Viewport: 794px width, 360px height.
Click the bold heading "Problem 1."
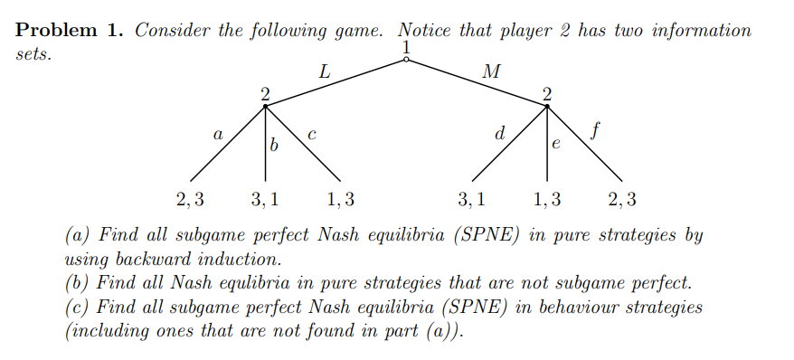point(69,31)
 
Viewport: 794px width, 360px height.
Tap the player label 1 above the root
point(407,46)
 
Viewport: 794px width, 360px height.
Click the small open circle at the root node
point(407,61)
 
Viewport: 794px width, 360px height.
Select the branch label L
point(325,71)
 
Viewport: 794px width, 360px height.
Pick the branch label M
point(491,71)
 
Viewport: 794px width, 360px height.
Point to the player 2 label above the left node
point(265,92)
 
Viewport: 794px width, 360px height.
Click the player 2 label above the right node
point(546,92)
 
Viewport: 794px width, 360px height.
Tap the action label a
point(217,133)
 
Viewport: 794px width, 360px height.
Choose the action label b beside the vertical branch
point(274,144)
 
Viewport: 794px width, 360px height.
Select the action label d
point(500,133)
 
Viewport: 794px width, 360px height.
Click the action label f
point(593,131)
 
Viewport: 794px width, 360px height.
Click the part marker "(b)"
point(79,282)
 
